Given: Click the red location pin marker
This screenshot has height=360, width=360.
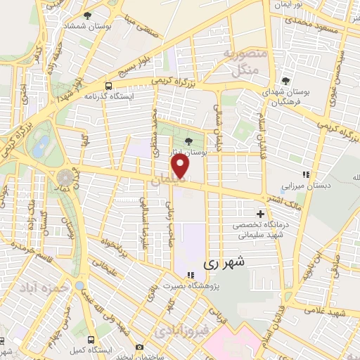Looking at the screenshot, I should click(x=181, y=166).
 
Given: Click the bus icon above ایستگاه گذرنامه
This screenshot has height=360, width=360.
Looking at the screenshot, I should click(x=108, y=82).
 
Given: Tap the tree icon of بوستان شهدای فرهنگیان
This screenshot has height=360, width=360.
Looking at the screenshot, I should click(x=285, y=80).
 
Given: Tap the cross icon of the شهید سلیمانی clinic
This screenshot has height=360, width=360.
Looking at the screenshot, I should click(x=260, y=213).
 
